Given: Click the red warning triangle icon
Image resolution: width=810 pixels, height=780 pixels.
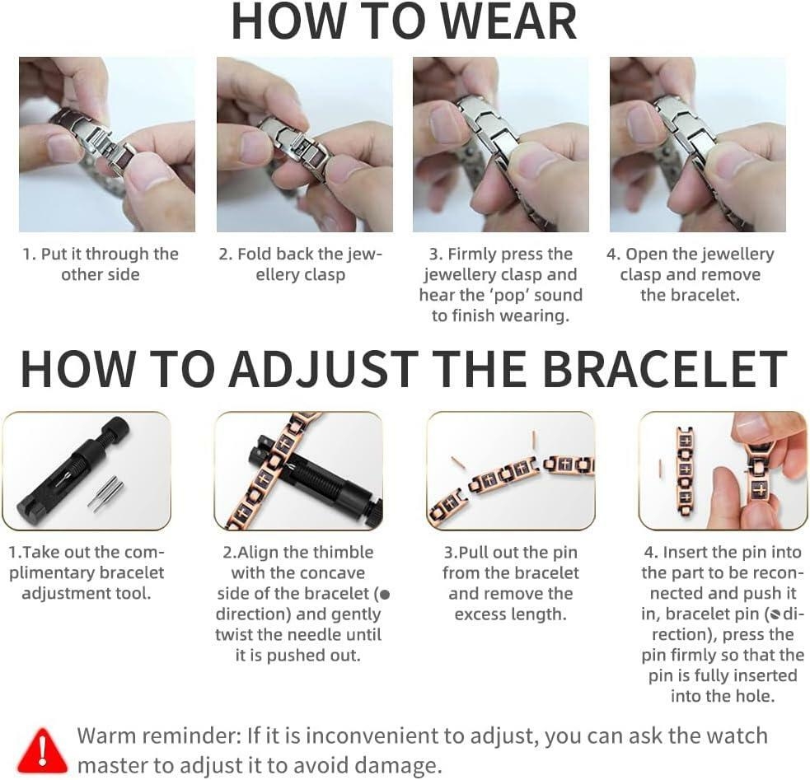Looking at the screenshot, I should click(42, 750).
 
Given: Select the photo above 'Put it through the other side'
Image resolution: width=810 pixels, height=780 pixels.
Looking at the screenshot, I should click(107, 144).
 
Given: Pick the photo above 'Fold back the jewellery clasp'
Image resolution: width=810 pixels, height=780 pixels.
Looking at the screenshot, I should click(304, 144).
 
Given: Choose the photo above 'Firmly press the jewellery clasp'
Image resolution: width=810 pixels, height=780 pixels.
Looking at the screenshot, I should click(500, 144).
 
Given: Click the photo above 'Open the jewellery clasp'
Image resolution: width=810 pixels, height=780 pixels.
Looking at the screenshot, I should click(697, 144).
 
